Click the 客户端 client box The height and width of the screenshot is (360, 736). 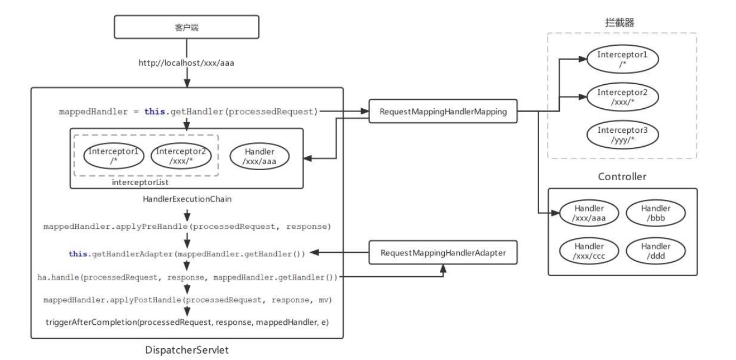[x=186, y=27]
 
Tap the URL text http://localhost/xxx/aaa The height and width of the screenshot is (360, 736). [x=186, y=63]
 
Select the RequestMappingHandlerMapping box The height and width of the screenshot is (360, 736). [x=443, y=111]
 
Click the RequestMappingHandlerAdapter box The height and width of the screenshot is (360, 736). [x=443, y=253]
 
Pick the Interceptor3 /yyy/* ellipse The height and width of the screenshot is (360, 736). [x=622, y=135]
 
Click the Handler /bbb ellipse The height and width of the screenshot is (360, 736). [x=655, y=213]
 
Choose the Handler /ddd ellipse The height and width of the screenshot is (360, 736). [x=655, y=251]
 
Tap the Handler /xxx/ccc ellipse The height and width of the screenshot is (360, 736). [x=589, y=251]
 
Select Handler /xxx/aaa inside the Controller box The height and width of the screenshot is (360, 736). [x=589, y=213]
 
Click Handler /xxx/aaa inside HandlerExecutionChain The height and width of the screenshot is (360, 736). [x=259, y=156]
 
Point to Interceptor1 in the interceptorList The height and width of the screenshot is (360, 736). [x=114, y=156]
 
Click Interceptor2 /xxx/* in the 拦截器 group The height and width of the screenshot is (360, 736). [x=622, y=97]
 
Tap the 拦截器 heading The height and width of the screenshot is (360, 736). [x=619, y=22]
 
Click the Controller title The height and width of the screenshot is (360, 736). [x=622, y=177]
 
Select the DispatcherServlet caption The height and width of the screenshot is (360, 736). [x=187, y=350]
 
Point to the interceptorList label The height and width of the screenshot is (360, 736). [x=140, y=182]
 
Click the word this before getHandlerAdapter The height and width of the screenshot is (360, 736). [x=78, y=254]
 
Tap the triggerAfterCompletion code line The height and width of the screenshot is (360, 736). [x=187, y=322]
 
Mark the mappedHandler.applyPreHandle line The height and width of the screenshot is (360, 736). [x=187, y=227]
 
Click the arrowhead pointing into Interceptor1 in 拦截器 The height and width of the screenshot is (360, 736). [x=582, y=59]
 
